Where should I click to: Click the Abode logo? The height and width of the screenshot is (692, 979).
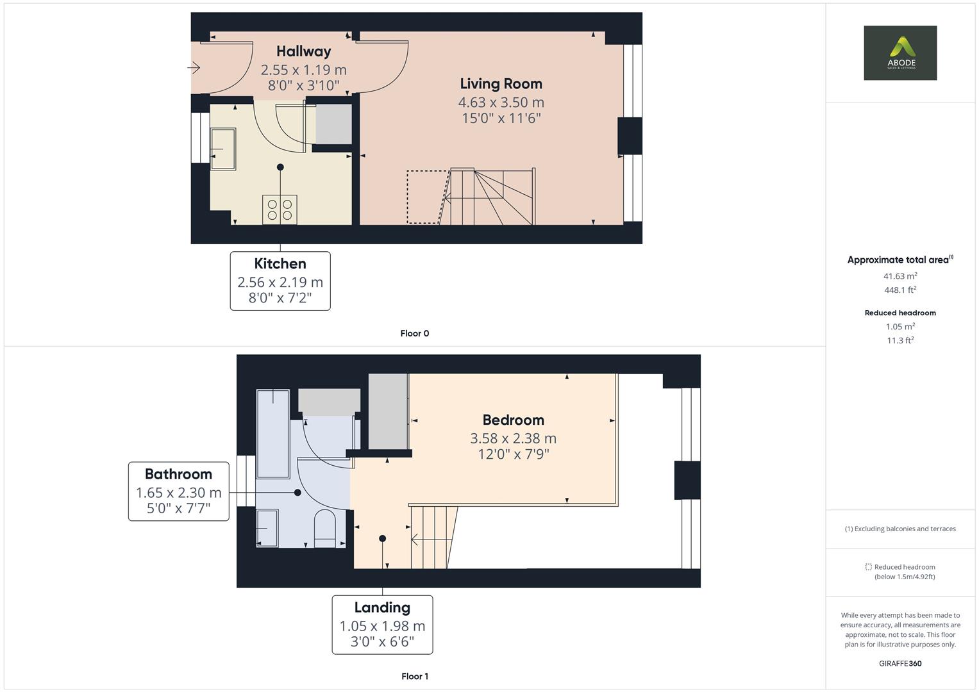pyautogui.click(x=900, y=53)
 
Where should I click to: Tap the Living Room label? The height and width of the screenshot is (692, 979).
pyautogui.click(x=501, y=84)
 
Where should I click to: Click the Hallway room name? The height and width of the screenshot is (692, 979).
pyautogui.click(x=303, y=51)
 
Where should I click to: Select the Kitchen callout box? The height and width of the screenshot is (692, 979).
pyautogui.click(x=280, y=281)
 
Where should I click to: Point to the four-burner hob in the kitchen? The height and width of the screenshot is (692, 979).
pyautogui.click(x=280, y=210)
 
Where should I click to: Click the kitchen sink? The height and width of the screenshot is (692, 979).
pyautogui.click(x=222, y=149)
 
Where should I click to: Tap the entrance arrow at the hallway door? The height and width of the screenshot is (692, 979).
pyautogui.click(x=194, y=67)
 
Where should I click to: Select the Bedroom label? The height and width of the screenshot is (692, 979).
pyautogui.click(x=513, y=420)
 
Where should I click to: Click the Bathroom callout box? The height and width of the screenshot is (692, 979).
pyautogui.click(x=178, y=491)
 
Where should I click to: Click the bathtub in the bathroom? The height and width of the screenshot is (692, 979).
pyautogui.click(x=272, y=433)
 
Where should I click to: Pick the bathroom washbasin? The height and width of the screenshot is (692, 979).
pyautogui.click(x=267, y=528)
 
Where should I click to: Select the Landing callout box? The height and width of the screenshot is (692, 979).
pyautogui.click(x=382, y=625)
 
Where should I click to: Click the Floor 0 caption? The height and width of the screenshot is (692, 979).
pyautogui.click(x=414, y=333)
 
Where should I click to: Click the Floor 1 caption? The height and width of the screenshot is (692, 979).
pyautogui.click(x=414, y=676)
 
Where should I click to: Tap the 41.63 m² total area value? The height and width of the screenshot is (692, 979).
pyautogui.click(x=900, y=276)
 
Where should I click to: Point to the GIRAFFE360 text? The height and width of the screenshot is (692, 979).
pyautogui.click(x=900, y=663)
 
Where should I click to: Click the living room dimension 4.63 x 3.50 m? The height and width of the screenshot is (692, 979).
pyautogui.click(x=501, y=103)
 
